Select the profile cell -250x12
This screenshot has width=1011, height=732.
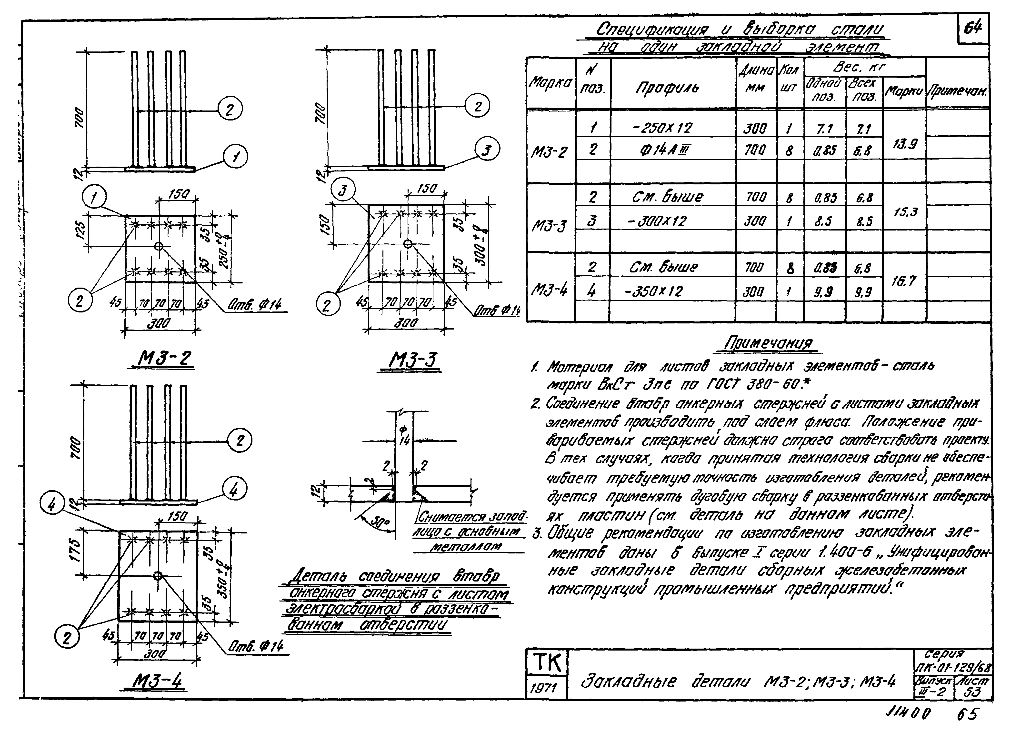point(663,128)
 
